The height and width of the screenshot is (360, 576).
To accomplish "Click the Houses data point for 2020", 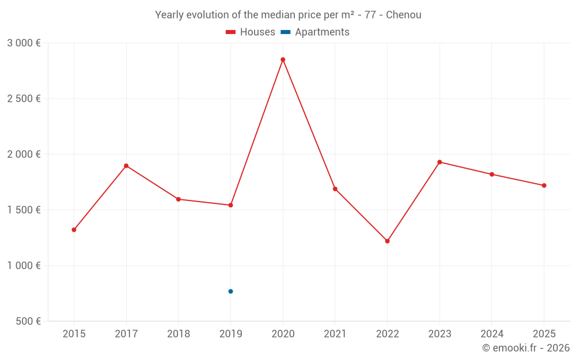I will [x=283, y=59].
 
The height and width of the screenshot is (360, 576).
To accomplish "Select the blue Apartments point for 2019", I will [x=230, y=291].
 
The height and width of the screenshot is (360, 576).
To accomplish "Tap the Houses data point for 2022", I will [x=387, y=241].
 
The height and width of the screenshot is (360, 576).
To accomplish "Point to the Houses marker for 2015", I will [x=74, y=230].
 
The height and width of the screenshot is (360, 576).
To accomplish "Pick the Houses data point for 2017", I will [x=126, y=166].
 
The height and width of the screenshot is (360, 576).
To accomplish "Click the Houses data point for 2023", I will [x=439, y=162].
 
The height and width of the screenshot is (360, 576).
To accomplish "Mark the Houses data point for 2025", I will [x=544, y=185].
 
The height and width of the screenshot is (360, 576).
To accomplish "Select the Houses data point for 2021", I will [x=335, y=189].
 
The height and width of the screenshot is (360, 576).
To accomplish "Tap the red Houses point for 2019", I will [x=230, y=205].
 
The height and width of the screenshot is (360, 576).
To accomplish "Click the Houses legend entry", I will [x=251, y=32].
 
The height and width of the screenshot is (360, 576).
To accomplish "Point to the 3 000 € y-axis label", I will [x=24, y=43].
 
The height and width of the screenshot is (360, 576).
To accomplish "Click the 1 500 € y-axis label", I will [x=24, y=210].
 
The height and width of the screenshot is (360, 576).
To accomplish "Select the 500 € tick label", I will [x=27, y=321].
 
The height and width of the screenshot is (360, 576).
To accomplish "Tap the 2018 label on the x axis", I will [x=178, y=334].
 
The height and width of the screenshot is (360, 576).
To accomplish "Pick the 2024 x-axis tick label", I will [x=491, y=334].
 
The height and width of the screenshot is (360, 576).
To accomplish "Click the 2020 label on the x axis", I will [x=283, y=334].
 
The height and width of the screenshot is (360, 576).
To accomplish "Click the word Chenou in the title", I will [x=403, y=15].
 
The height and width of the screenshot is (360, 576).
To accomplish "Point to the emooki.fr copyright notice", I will [x=525, y=348].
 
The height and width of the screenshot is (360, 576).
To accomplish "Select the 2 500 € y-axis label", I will [x=24, y=98].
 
